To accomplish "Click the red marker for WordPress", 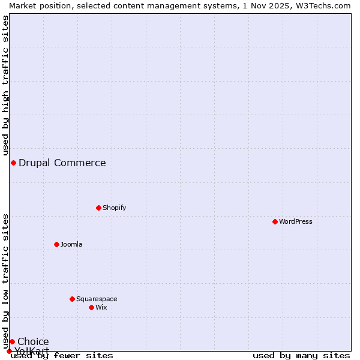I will click(275, 221).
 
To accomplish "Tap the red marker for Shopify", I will click(99, 208).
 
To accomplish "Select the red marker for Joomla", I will click(57, 244).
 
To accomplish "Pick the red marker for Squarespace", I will click(73, 299).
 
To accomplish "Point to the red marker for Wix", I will click(92, 307).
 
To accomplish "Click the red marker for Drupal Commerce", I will click(13, 163).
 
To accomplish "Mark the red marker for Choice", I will click(12, 341).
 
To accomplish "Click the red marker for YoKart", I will click(9, 351).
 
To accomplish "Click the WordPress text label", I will click(296, 221).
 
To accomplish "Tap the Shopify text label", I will click(115, 208).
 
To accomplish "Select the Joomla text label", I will click(71, 244).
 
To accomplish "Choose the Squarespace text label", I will click(97, 299).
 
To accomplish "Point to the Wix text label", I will click(101, 307).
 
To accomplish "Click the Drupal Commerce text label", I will click(62, 163).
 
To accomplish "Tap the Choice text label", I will click(34, 341).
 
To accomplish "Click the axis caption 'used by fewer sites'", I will click(62, 355).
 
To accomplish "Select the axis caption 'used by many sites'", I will click(301, 355).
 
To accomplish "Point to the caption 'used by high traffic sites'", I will click(5, 86).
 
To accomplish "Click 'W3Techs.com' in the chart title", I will click(325, 5).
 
